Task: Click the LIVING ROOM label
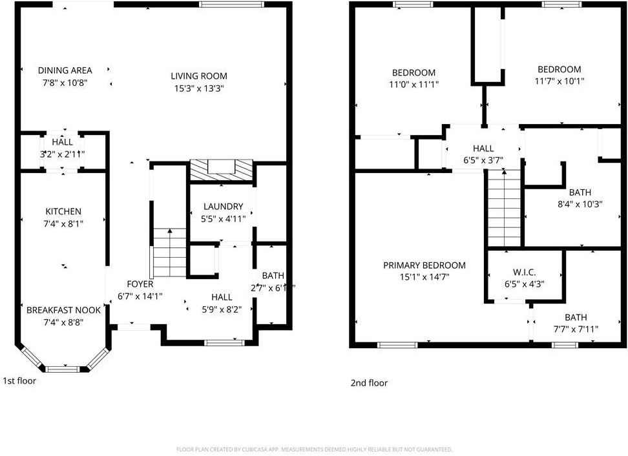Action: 199,76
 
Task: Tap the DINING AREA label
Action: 65,70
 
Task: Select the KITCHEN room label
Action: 63,212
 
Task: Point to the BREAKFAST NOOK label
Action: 63,310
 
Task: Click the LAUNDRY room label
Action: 222,207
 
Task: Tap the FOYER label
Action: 140,284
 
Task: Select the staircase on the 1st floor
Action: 170,253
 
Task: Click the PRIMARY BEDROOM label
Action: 424,265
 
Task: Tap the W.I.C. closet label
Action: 523,273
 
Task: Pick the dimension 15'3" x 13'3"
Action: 199,88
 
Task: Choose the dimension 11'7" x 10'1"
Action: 559,81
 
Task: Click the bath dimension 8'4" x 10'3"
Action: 580,204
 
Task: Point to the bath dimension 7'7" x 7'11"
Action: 576,329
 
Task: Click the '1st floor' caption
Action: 19,381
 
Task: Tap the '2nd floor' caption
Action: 369,383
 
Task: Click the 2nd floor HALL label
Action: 483,149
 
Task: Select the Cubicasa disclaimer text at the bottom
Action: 314,450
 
